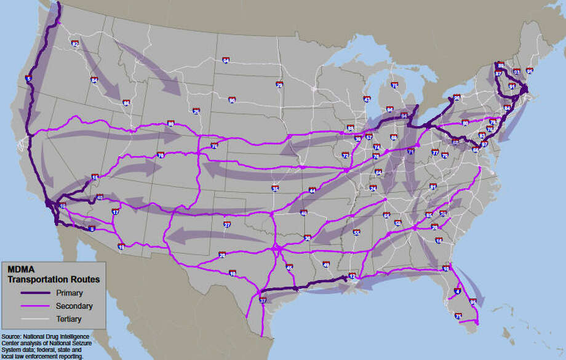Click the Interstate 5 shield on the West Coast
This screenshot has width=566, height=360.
[x=29, y=79]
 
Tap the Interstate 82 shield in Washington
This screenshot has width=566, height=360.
[x=75, y=44]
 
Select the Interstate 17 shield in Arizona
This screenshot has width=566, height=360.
[x=115, y=212]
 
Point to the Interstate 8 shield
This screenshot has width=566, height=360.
[x=92, y=229]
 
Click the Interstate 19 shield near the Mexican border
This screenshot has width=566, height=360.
[x=121, y=247]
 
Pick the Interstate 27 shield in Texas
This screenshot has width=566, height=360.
[x=227, y=225]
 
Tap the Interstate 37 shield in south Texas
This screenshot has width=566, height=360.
[x=263, y=300]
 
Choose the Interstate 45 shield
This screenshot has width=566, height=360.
[x=289, y=267]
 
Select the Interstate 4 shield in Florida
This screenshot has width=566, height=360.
[x=456, y=291]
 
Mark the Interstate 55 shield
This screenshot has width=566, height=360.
[x=356, y=232]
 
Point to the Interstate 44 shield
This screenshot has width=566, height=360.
[x=312, y=191]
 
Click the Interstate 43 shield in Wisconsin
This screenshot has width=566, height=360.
[x=367, y=99]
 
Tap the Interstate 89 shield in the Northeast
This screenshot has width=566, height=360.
[x=501, y=66]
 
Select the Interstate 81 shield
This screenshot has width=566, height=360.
[x=433, y=186]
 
